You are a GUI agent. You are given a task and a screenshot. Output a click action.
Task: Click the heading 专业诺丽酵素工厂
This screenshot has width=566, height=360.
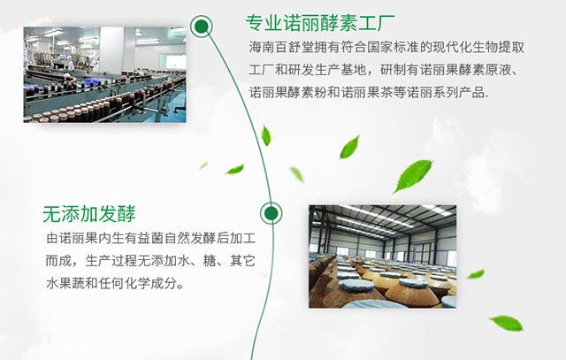(x=320, y=23)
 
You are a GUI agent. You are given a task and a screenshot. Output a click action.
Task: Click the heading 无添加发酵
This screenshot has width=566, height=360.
(x=88, y=214)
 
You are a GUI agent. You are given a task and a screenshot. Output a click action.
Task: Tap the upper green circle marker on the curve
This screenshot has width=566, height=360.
(x=202, y=27)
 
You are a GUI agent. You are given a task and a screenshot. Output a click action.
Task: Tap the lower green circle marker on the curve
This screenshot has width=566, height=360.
(x=272, y=213)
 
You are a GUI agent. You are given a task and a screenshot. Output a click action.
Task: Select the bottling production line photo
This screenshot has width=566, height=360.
(x=104, y=74)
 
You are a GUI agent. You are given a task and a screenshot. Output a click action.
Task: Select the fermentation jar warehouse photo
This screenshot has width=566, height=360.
(x=383, y=257)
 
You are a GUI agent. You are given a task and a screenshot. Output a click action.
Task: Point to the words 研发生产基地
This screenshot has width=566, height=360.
(x=327, y=70)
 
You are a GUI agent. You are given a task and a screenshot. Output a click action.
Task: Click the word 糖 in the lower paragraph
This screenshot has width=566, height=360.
(x=209, y=261)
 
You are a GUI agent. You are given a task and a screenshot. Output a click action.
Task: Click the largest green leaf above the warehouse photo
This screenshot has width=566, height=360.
(x=413, y=176)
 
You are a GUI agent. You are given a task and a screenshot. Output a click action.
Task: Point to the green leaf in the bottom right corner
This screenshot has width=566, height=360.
(x=506, y=323)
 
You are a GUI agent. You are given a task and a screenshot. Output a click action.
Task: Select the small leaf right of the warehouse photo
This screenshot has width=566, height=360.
(x=476, y=274)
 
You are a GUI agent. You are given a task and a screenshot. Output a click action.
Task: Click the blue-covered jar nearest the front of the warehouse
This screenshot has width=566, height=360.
(x=356, y=285)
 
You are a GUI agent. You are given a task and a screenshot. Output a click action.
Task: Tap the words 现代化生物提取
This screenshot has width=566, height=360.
(x=478, y=47)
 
